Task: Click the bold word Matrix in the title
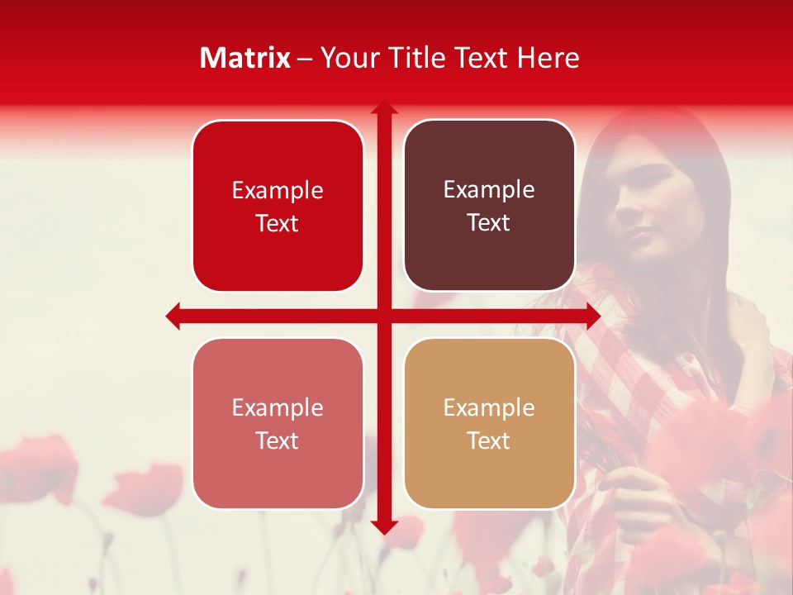click(x=245, y=58)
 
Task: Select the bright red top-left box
click(x=278, y=207)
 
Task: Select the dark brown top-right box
click(x=489, y=206)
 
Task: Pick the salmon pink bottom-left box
click(x=278, y=423)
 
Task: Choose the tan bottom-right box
click(x=489, y=423)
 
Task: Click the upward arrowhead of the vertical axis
click(x=383, y=108)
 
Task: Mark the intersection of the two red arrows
click(x=383, y=316)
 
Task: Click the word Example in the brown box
click(x=489, y=190)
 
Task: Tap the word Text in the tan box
click(x=489, y=440)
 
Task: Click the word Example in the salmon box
click(x=278, y=407)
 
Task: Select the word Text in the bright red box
click(x=278, y=224)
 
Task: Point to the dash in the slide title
click(x=305, y=59)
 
